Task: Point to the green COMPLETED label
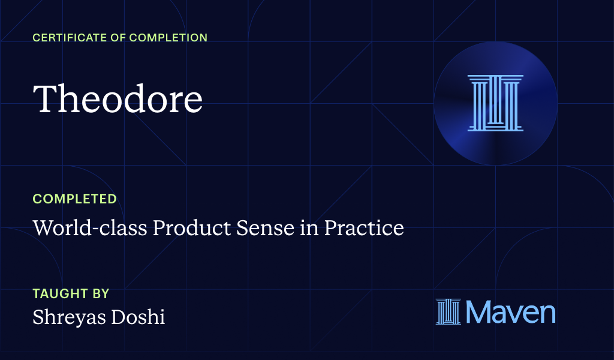pos(74,199)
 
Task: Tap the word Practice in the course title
pos(364,228)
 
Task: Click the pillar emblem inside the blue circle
pos(495,103)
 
